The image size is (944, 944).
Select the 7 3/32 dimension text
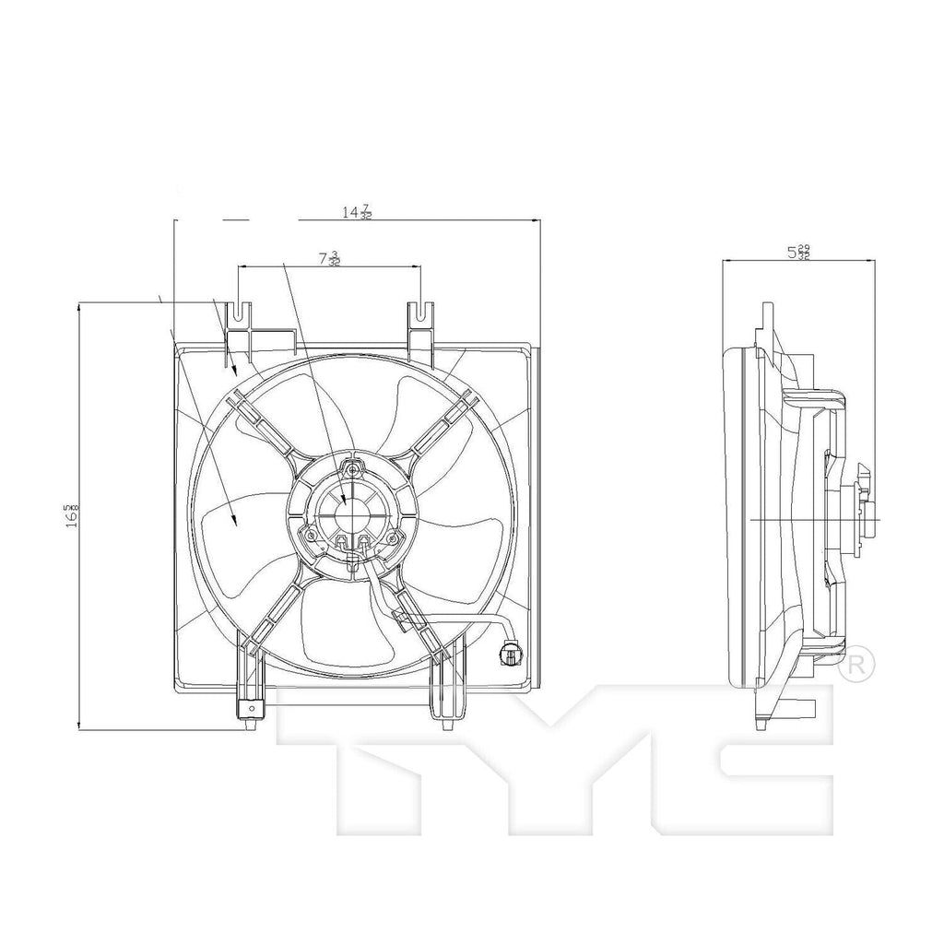pyautogui.click(x=329, y=259)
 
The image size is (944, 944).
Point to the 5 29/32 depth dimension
pyautogui.click(x=798, y=252)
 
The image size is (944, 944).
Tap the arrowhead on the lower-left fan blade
pyautogui.click(x=234, y=524)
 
